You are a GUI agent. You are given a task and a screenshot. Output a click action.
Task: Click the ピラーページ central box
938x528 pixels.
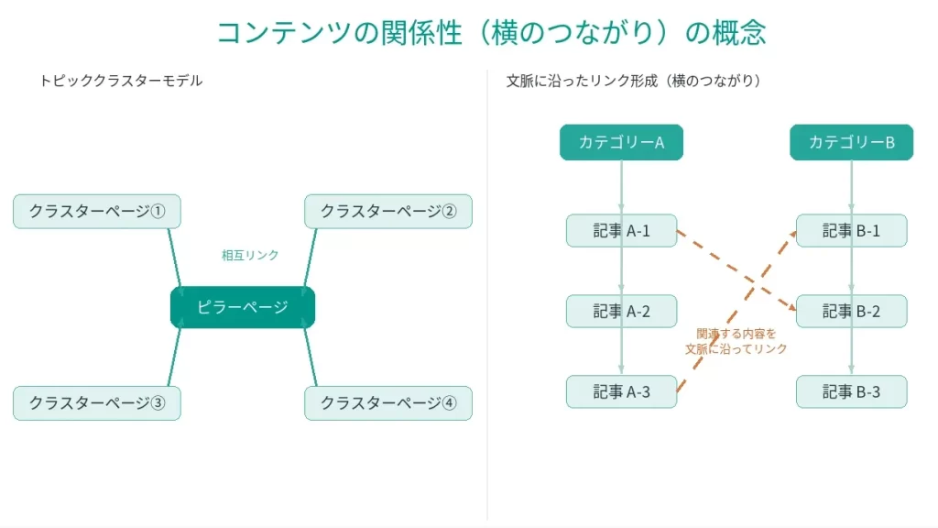(243, 307)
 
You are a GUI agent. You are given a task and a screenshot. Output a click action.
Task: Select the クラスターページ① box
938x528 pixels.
(97, 212)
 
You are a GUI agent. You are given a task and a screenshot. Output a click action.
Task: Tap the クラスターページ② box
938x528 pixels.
(388, 212)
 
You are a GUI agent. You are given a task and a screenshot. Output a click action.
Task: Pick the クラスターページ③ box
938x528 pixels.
(97, 403)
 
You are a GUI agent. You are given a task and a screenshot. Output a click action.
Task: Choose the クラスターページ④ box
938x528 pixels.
(388, 403)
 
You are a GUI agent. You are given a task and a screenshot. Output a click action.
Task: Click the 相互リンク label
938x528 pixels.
(250, 255)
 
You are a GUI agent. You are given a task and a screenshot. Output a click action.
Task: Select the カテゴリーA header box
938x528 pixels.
(621, 142)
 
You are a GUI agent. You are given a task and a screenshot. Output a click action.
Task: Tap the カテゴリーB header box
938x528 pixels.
(851, 142)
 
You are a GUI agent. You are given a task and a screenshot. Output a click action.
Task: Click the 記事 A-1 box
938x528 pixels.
(621, 231)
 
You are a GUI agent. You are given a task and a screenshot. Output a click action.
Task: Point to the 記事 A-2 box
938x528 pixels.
(621, 312)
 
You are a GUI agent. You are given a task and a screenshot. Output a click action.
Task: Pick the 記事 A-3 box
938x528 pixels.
(621, 392)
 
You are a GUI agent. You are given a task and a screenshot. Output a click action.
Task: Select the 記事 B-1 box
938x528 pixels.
(851, 231)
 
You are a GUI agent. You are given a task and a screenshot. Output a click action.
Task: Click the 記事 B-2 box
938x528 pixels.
(851, 312)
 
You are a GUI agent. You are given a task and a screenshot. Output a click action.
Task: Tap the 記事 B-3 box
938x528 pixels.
(851, 392)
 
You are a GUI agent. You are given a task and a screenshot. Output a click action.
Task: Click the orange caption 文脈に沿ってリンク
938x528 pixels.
(736, 349)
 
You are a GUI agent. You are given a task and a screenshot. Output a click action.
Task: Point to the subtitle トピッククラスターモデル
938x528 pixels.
(121, 81)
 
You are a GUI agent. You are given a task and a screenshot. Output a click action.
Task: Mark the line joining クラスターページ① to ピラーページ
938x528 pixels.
(174, 258)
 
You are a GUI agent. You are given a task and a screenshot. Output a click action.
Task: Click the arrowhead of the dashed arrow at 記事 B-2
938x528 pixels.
(791, 309)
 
